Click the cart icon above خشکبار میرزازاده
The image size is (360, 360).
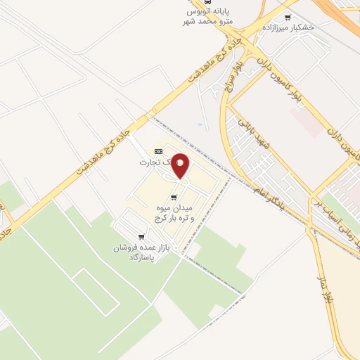click(x=288, y=18)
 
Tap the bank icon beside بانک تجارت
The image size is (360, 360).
click(x=158, y=151)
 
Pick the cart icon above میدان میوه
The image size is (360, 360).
click(x=174, y=197)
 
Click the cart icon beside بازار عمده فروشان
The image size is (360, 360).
click(x=141, y=236)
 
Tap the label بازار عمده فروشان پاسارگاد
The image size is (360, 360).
click(x=138, y=252)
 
